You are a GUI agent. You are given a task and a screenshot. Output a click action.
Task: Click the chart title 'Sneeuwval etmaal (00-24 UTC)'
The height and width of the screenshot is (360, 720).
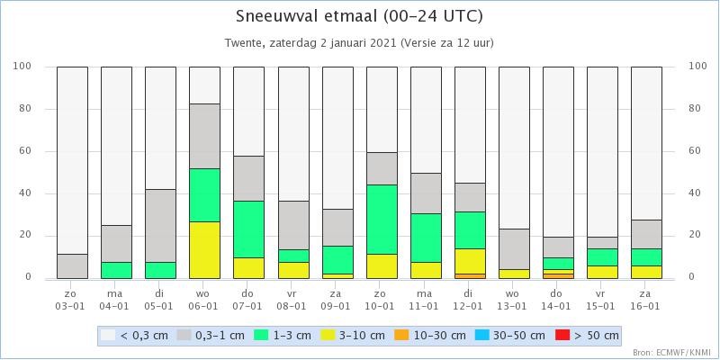click(359, 16)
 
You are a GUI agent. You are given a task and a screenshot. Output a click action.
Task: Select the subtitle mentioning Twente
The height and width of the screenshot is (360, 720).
click(359, 43)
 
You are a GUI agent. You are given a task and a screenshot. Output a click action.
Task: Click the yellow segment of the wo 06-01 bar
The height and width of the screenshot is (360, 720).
click(205, 250)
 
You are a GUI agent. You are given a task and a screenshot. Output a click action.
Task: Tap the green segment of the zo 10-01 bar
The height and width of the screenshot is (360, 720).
click(382, 220)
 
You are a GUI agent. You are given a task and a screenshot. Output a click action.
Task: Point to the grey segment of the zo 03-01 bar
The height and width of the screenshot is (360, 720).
click(73, 266)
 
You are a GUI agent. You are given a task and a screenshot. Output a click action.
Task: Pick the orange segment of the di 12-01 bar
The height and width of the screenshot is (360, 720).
click(470, 276)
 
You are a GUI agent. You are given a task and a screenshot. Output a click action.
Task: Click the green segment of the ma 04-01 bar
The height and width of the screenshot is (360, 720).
click(117, 270)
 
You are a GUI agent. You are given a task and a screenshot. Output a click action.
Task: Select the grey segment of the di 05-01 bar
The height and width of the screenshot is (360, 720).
click(161, 226)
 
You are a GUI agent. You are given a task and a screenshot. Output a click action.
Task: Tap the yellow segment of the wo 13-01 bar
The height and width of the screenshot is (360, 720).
click(514, 274)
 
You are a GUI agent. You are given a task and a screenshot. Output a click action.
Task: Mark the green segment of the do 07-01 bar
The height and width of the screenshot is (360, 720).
click(249, 229)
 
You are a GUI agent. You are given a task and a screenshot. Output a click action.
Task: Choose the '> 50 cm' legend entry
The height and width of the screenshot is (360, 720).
click(588, 335)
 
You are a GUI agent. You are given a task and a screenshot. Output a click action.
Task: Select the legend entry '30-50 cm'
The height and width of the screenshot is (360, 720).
click(510, 335)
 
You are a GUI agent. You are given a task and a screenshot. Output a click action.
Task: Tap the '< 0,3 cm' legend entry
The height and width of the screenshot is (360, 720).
click(135, 335)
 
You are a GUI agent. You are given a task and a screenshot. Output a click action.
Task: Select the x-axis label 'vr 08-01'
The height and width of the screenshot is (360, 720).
click(294, 300)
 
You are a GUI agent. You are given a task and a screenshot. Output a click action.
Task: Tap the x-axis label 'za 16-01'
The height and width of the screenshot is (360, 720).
click(646, 300)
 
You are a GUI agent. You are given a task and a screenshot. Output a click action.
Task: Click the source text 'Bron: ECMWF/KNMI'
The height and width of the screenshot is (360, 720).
click(674, 353)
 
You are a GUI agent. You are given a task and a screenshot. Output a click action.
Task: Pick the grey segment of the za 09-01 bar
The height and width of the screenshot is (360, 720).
click(338, 228)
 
